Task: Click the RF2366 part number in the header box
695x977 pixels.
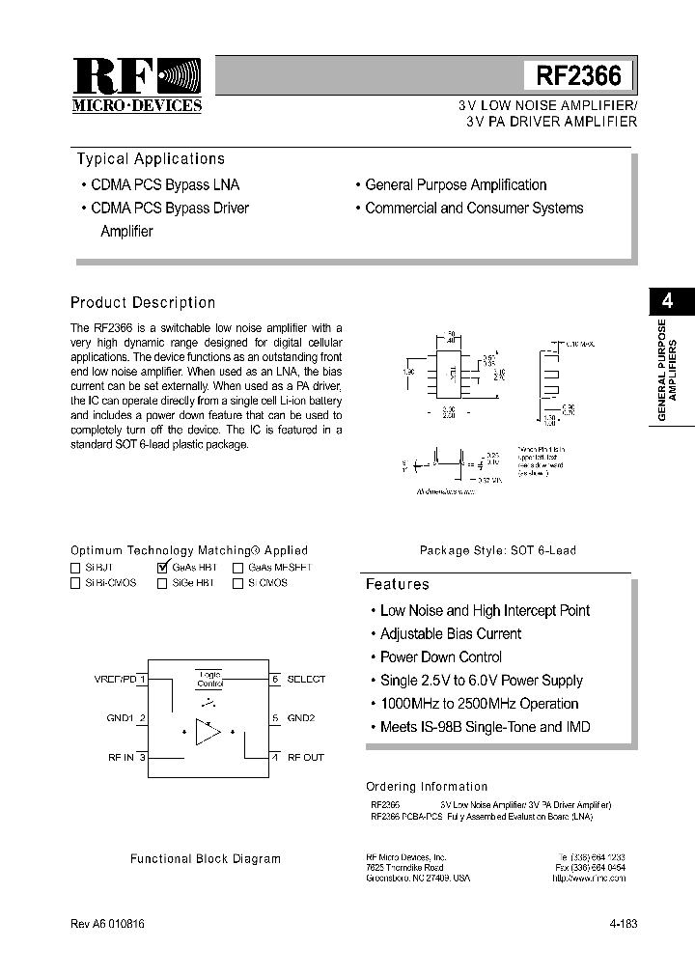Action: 577,75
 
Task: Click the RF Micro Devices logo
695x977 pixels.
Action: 137,85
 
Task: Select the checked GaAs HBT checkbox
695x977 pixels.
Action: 162,568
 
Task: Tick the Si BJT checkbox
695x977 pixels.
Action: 75,569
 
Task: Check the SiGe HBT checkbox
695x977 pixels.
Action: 161,583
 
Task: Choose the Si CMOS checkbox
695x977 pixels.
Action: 237,583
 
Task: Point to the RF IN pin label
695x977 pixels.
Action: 121,757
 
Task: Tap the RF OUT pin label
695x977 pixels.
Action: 306,757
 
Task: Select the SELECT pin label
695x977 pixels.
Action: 307,679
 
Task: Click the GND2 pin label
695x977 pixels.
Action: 301,718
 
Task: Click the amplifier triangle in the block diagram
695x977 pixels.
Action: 207,732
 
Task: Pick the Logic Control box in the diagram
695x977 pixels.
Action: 209,679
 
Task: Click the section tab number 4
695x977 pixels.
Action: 667,300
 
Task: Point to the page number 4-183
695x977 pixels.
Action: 623,923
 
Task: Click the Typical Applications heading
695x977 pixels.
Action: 151,159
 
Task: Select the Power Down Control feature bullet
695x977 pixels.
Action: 441,657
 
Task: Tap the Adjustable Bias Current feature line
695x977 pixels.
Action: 450,634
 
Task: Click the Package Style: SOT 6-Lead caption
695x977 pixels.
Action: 497,550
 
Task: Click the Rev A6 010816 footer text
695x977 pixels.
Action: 107,923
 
